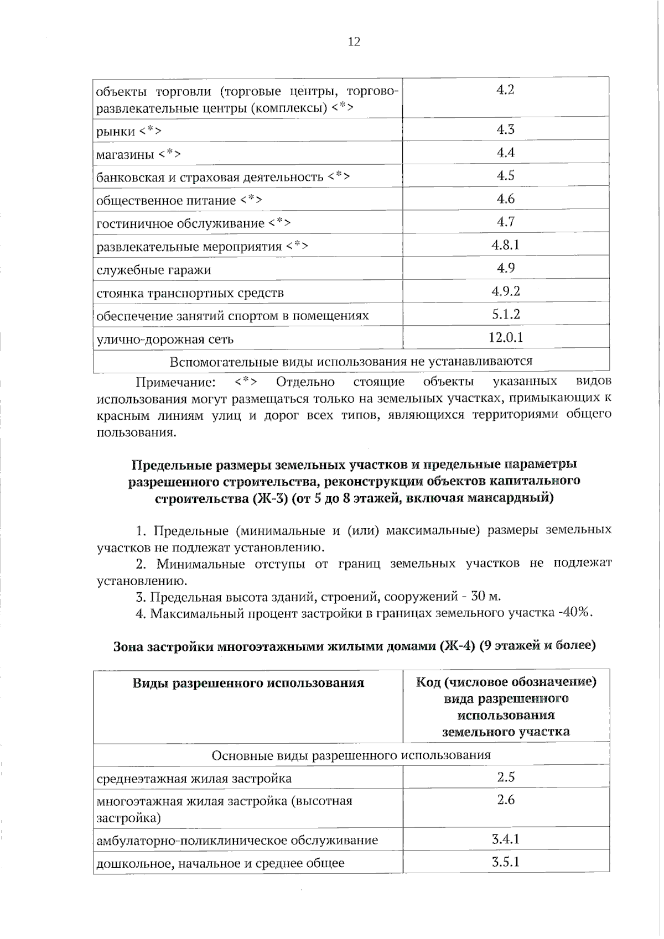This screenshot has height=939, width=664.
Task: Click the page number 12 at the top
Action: pyautogui.click(x=354, y=41)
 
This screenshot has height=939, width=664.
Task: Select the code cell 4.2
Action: pyautogui.click(x=505, y=90)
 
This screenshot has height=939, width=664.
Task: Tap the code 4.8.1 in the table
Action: pyautogui.click(x=505, y=244)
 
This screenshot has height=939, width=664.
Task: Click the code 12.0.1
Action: pyautogui.click(x=505, y=337)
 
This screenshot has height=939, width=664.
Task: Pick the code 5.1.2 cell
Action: pyautogui.click(x=505, y=314)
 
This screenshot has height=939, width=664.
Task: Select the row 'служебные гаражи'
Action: pyautogui.click(x=153, y=270)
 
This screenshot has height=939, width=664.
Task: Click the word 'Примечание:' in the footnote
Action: pyautogui.click(x=175, y=382)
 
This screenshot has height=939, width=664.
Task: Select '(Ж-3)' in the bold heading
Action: pyautogui.click(x=271, y=498)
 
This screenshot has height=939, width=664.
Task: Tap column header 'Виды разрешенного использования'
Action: pyautogui.click(x=248, y=683)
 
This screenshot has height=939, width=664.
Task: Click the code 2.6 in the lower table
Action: pyautogui.click(x=505, y=800)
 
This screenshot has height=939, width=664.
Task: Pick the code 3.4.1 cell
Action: pyautogui.click(x=505, y=839)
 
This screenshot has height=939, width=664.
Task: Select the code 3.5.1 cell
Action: pyautogui.click(x=505, y=862)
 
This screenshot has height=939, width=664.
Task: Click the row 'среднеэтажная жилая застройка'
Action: pyautogui.click(x=194, y=779)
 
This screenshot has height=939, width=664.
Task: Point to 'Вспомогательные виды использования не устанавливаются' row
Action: pyautogui.click(x=351, y=362)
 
